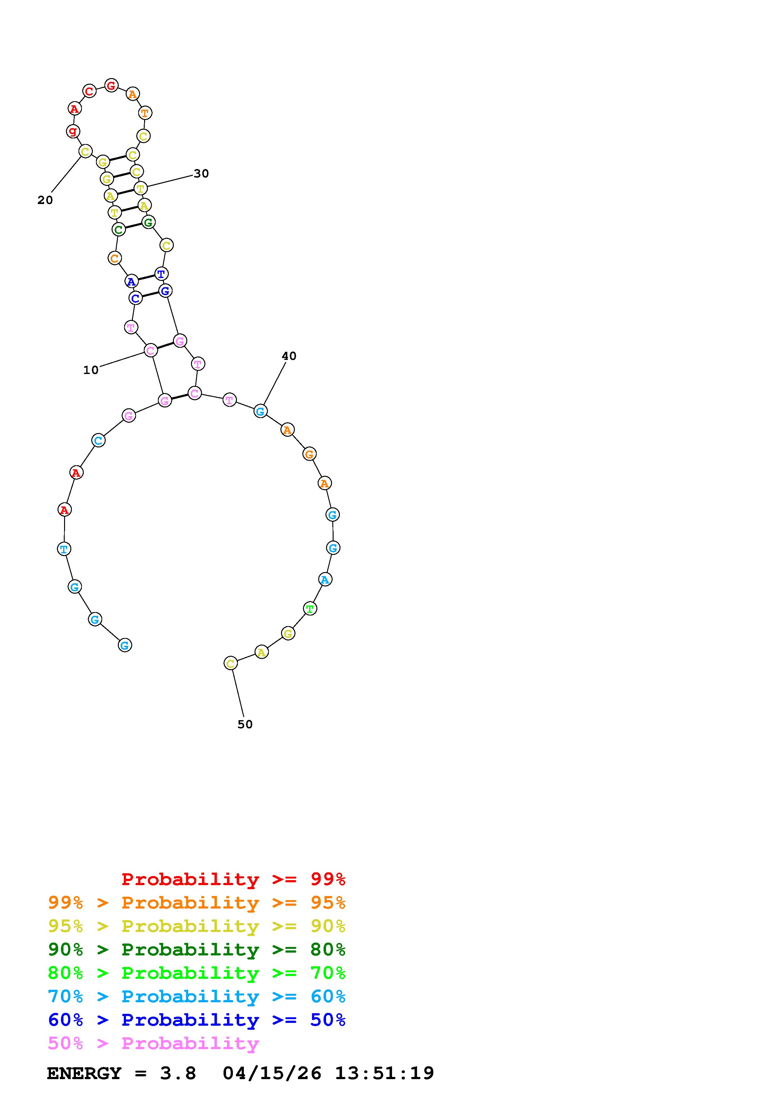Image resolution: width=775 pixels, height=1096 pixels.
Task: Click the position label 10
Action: pyautogui.click(x=91, y=370)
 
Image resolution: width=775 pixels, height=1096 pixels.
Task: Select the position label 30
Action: pyautogui.click(x=201, y=174)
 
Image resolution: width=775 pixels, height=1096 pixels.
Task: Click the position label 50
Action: pyautogui.click(x=245, y=725)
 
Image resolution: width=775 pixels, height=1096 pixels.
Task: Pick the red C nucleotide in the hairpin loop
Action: pyautogui.click(x=89, y=91)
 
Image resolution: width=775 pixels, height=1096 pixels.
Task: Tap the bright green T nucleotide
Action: pyautogui.click(x=310, y=609)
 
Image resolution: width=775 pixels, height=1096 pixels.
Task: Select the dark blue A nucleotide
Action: pyautogui.click(x=131, y=281)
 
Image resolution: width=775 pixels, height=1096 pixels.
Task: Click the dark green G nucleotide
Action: pyautogui.click(x=148, y=222)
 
